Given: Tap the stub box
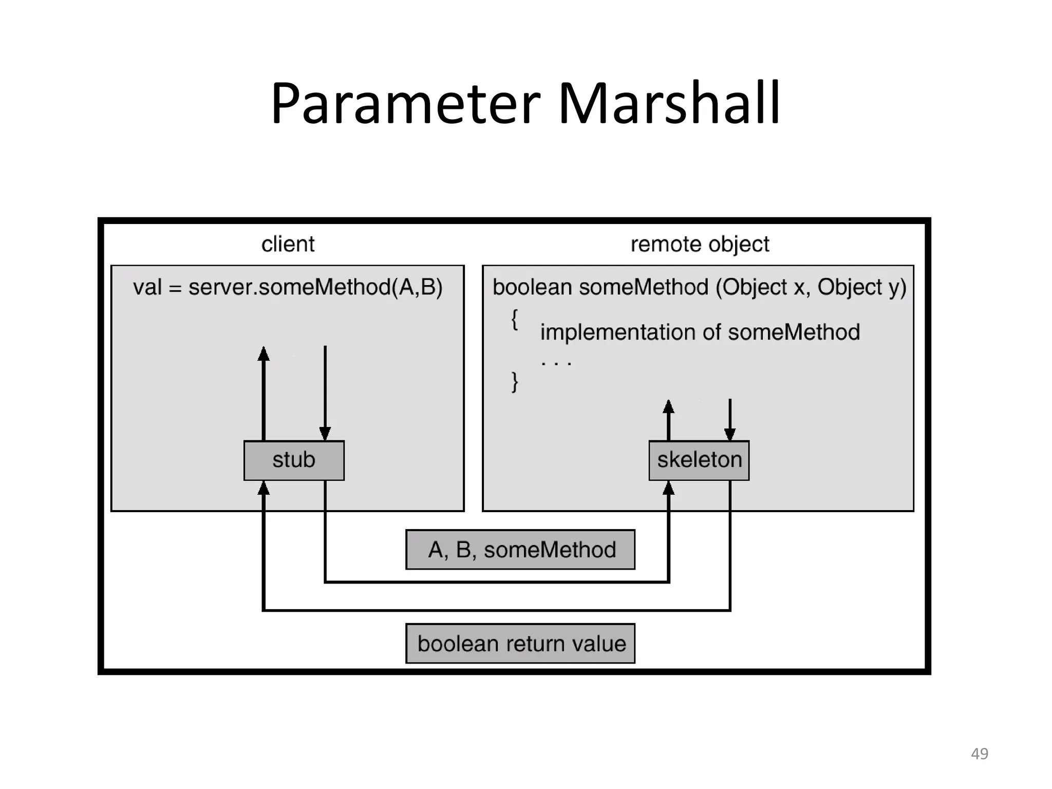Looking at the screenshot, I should (x=294, y=460).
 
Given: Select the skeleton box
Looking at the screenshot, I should (x=699, y=460).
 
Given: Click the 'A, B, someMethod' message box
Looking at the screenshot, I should (x=520, y=550).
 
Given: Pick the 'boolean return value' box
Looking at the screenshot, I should (x=520, y=644).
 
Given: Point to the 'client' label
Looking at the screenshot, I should (x=288, y=244).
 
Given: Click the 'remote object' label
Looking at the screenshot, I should (x=700, y=245).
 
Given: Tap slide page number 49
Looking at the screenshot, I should (x=980, y=754).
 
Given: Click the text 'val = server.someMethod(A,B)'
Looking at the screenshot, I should (x=288, y=287).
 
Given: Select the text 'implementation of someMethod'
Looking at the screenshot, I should (x=700, y=332).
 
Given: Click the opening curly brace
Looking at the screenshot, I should (x=514, y=320).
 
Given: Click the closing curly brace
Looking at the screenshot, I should (x=514, y=382).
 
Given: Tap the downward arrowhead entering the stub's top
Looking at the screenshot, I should (x=325, y=434).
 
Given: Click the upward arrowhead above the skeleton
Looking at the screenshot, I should (x=668, y=407).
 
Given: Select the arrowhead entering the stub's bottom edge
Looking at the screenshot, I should (x=264, y=487).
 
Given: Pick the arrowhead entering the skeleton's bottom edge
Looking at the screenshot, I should (x=668, y=487).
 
